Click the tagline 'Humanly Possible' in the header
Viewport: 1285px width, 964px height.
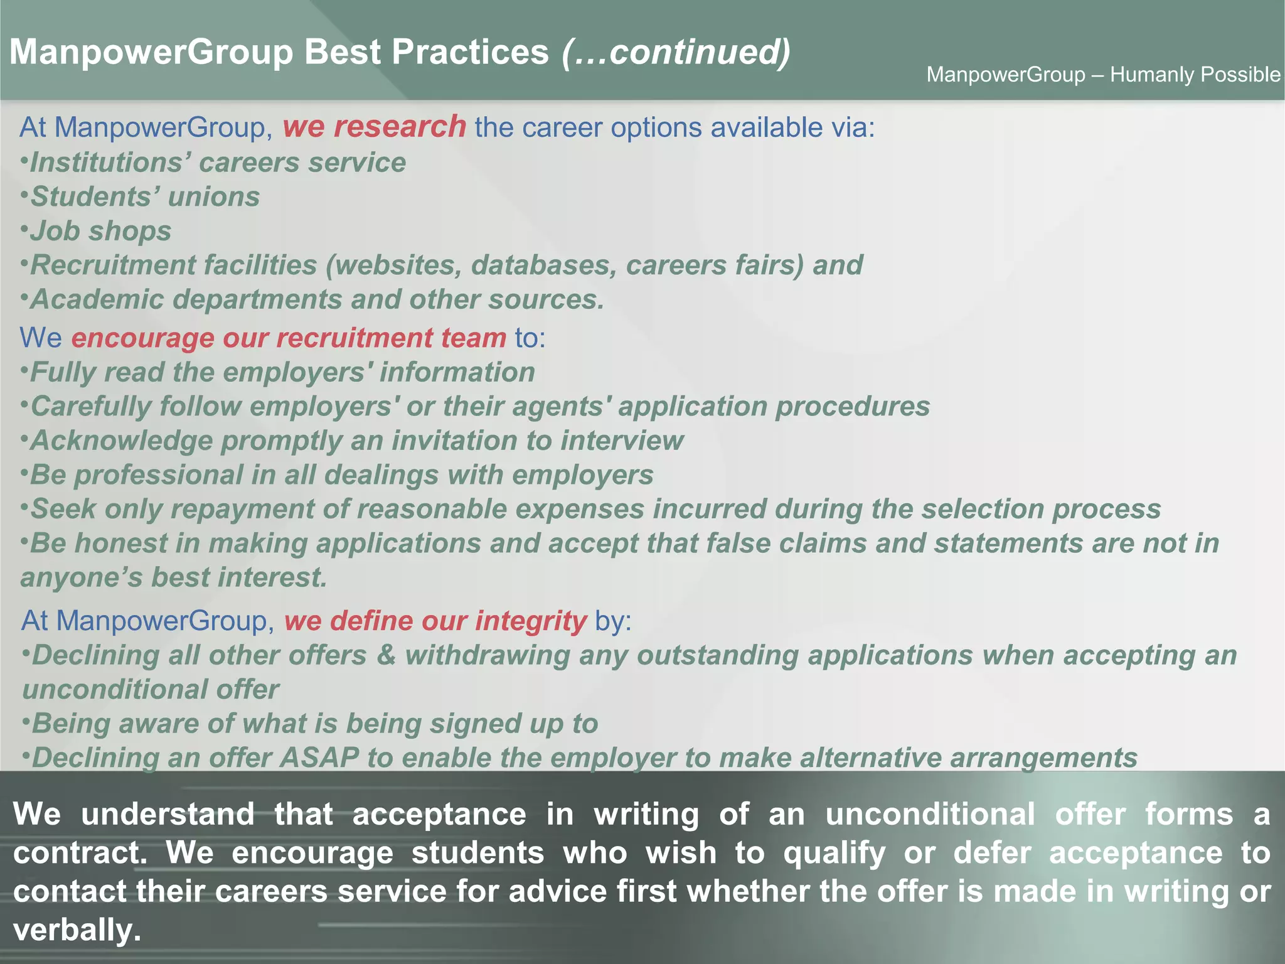point(1195,75)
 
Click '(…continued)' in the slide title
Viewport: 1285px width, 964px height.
point(676,51)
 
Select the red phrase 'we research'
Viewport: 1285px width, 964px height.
point(374,127)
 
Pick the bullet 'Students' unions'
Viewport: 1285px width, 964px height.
point(145,197)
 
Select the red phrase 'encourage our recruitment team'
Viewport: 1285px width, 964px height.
point(289,338)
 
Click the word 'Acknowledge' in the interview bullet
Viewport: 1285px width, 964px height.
point(122,441)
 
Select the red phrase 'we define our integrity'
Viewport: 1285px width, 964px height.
point(435,621)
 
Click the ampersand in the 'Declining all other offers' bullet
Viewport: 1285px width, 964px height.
point(386,655)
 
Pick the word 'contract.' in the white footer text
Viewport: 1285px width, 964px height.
point(80,853)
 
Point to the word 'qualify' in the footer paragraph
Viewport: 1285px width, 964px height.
point(834,853)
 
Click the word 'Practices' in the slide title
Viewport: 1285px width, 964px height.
point(470,51)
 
